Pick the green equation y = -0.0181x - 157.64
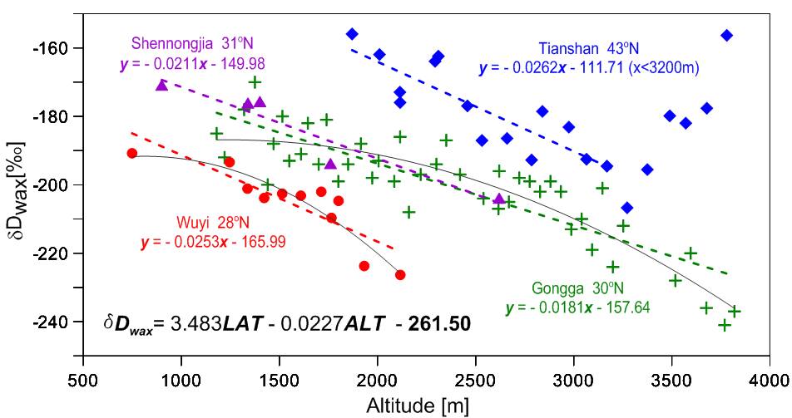[x=578, y=308]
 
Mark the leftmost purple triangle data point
[x=161, y=85]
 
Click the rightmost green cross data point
[x=735, y=311]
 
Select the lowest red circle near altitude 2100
[x=400, y=275]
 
